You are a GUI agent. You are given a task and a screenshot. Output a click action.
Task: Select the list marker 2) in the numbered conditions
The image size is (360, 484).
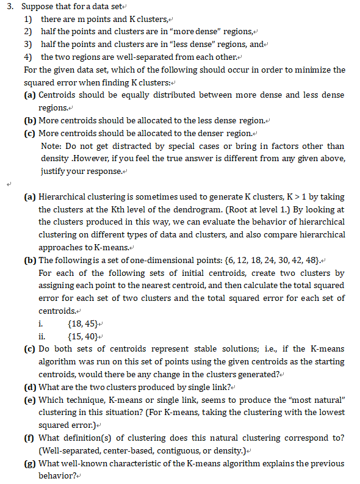28,31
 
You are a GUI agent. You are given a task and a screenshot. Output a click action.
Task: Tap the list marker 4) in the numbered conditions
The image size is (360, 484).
28,57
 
